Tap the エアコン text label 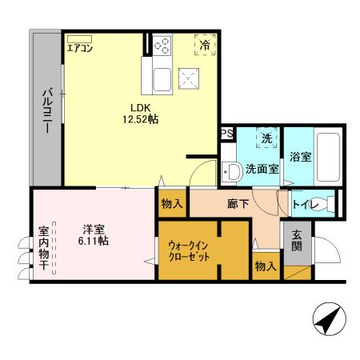tap(80, 49)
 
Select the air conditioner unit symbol tap(80, 38)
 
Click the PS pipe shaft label tap(227, 134)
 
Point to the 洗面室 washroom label tap(261, 169)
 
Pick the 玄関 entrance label tap(296, 241)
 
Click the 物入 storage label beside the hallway tap(171, 205)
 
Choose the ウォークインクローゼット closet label tap(188, 250)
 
